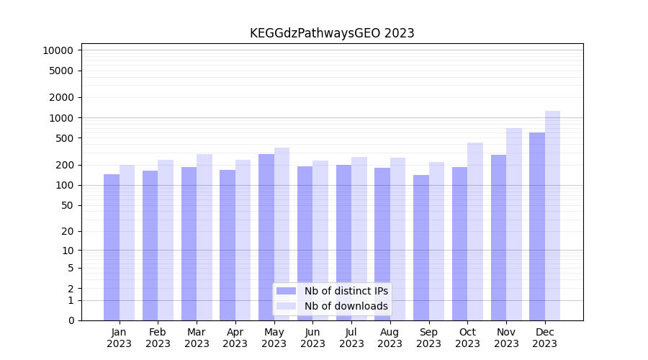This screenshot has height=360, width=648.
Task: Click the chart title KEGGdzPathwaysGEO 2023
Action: click(332, 33)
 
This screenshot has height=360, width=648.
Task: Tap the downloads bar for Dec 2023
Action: click(552, 215)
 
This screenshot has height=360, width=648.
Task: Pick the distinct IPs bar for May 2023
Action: click(266, 237)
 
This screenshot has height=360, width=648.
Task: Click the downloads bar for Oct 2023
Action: click(475, 231)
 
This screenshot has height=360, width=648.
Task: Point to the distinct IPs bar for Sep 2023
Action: click(421, 248)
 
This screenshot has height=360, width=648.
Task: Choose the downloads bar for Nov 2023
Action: click(513, 224)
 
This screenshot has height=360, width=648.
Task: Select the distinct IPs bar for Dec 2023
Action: click(537, 226)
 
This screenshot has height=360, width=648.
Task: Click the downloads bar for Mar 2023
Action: click(204, 237)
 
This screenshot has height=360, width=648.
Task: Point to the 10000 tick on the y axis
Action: click(58, 50)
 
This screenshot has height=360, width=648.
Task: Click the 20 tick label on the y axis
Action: click(67, 231)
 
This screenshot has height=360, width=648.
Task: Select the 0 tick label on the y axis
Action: click(71, 320)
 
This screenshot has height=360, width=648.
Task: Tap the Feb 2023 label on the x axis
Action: click(158, 338)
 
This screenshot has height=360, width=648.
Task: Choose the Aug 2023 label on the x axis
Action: click(390, 338)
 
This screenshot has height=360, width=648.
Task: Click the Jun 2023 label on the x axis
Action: click(312, 338)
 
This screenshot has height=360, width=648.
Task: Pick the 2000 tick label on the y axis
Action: click(61, 97)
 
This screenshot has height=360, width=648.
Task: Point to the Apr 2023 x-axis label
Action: click(235, 338)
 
